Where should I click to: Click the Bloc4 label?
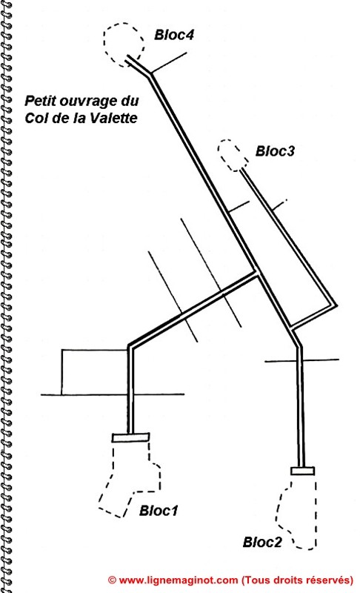coord(174,35)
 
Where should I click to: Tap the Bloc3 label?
coord(275,151)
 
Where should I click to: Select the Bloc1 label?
coord(159,511)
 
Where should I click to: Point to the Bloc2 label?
coord(262,542)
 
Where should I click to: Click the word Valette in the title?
coord(115,118)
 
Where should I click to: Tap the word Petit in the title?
coord(36,101)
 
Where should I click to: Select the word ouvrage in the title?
coord(84,102)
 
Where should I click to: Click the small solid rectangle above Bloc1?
coord(130,437)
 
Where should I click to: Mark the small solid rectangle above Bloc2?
coord(302,471)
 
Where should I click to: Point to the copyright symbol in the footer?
coord(112,580)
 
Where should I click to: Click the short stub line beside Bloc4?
coord(169,62)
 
